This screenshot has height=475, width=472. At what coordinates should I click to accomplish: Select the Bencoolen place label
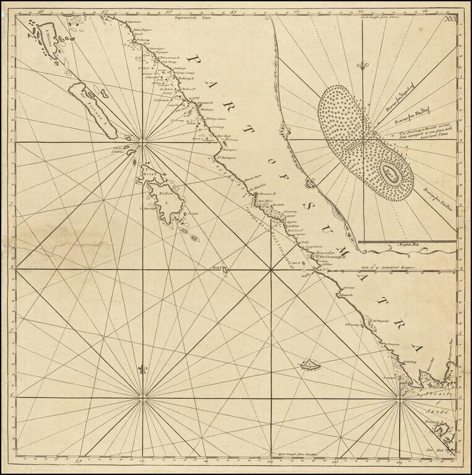tap(324, 252)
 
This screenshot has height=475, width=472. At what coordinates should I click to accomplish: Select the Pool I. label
tap(218, 267)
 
